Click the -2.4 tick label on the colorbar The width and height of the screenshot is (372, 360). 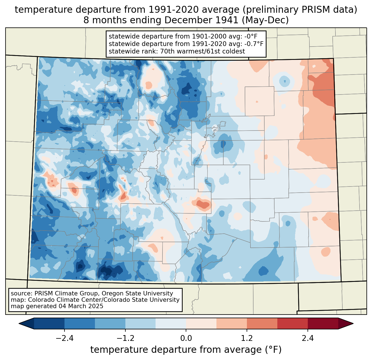(64, 338)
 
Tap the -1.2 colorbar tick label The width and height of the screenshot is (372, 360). (125, 338)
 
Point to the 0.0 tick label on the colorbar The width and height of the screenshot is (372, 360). (186, 338)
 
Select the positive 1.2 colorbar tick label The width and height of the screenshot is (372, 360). (247, 338)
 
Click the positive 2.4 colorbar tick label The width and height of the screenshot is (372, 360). (308, 338)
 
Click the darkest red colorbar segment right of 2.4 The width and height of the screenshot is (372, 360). (323, 323)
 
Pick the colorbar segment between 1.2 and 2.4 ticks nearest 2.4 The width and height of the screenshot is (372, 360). (292, 323)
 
